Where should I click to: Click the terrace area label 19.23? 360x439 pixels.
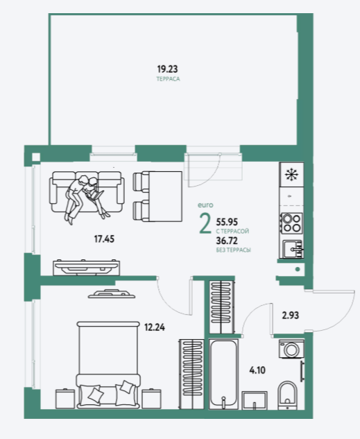167,69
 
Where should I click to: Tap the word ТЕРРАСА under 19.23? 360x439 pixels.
168,79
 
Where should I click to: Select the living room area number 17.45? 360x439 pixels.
104,239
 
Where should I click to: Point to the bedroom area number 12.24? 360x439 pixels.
155,327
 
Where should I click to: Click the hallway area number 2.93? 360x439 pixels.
291,316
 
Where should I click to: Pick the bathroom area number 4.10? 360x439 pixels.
257,370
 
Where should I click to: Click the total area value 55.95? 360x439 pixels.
227,222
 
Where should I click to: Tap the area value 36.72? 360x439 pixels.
227,241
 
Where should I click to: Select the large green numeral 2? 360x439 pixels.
205,223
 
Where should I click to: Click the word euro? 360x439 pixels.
205,205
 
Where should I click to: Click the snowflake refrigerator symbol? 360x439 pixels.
291,175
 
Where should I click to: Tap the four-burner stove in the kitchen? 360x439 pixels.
292,223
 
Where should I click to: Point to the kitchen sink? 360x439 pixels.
293,249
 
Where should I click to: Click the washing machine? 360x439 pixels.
291,349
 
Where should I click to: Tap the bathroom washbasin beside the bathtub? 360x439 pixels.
255,400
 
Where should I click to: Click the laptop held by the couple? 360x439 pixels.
96,195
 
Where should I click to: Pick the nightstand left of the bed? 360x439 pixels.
65,398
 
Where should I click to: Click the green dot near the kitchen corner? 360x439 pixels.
298,269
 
